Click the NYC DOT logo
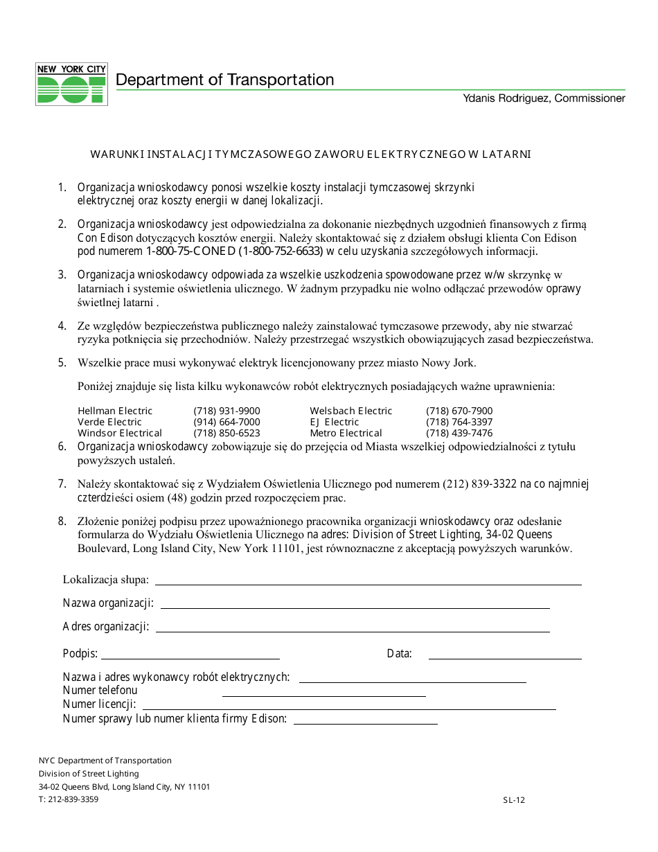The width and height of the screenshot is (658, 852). pos(71,84)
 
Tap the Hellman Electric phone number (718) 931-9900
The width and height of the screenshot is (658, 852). pos(226,411)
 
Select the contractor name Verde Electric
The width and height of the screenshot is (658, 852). pos(109,422)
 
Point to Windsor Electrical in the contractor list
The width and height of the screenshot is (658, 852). pos(120,433)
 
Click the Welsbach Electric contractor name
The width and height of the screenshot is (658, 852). pos(350,411)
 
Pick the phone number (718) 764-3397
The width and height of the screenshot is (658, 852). pos(459,422)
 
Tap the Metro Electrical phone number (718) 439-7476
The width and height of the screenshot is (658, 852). pos(459,433)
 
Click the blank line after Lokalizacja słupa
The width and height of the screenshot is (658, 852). pos(368,584)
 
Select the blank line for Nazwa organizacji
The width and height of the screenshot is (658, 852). pos(355,607)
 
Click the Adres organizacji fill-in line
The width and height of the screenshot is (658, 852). pos(353,631)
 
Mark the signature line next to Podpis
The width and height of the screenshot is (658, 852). pos(190,658)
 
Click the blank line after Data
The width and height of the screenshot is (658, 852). pos(505,658)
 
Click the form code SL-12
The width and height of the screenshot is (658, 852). pos(514,800)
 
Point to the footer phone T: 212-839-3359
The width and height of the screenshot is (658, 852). pos(69,799)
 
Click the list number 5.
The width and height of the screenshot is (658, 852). pos(62,362)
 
